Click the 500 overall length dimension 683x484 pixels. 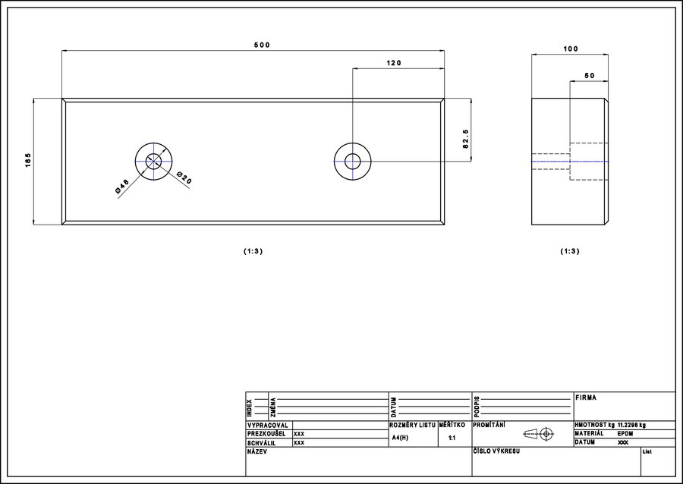263,45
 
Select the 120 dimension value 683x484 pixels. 394,63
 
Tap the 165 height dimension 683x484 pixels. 28,160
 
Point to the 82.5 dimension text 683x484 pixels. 466,139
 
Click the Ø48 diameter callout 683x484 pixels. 122,187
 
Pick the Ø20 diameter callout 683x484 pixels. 184,178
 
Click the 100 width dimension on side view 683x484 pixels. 571,49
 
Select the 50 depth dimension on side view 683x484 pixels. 590,76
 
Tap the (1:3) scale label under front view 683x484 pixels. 253,251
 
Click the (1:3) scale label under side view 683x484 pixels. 570,251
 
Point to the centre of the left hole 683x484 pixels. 153,162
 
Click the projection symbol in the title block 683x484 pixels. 538,433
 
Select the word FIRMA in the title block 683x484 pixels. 586,398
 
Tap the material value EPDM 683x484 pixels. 625,434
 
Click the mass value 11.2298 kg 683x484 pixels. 631,425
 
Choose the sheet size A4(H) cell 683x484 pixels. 400,438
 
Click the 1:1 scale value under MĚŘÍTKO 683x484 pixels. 452,438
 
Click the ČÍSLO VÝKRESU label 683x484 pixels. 496,451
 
